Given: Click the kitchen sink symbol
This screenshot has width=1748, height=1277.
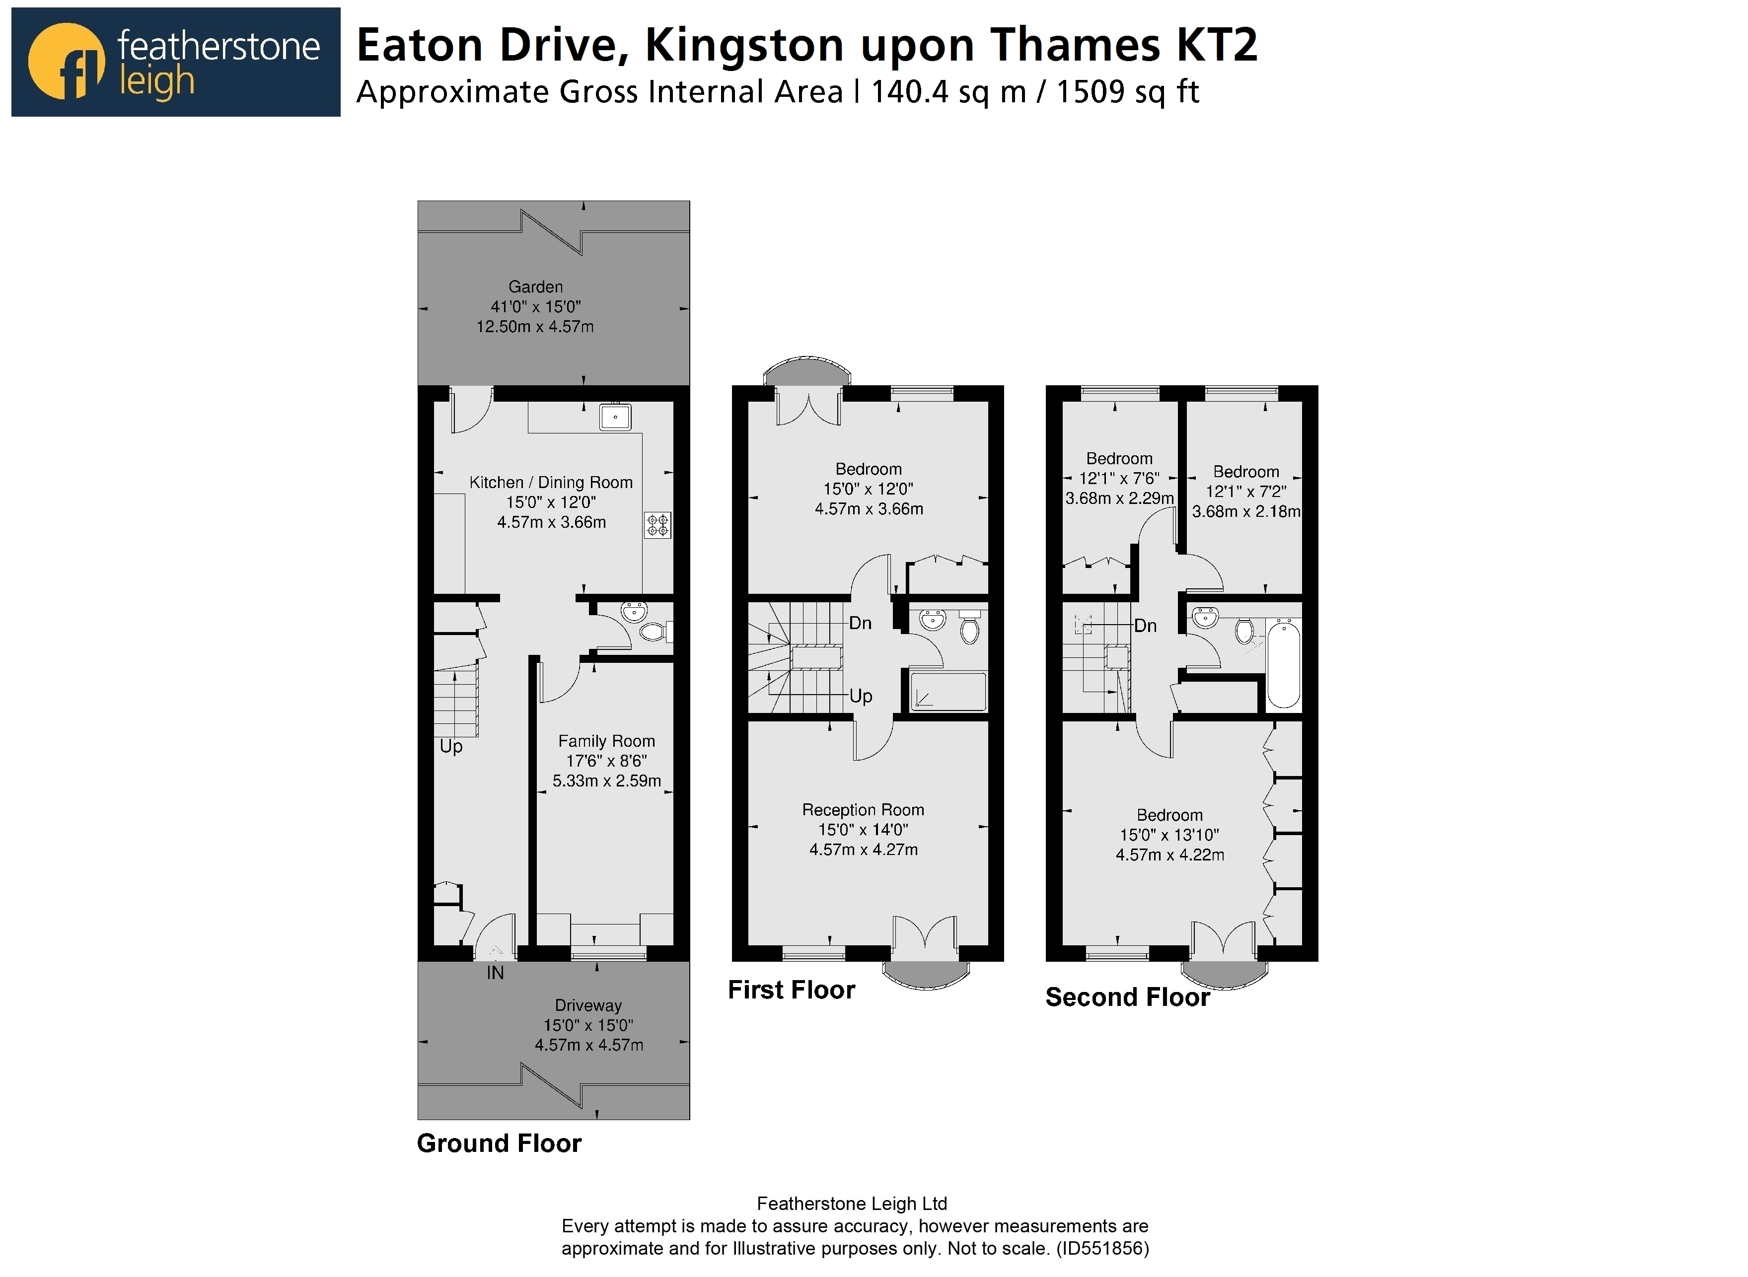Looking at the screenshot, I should [x=615, y=418].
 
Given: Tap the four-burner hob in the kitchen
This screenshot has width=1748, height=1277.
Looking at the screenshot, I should [x=658, y=526].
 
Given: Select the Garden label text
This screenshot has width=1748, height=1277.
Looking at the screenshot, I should [x=535, y=287].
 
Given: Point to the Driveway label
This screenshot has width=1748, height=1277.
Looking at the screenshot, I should [x=587, y=1006].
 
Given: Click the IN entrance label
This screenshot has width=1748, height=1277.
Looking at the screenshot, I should [x=495, y=973].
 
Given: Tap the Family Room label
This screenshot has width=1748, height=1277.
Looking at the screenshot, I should [x=606, y=741].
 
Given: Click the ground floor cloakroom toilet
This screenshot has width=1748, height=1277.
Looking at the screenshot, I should [x=654, y=633].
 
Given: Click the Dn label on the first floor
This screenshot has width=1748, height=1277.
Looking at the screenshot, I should [x=860, y=623].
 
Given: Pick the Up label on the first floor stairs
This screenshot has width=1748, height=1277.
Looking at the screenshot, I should [x=861, y=696].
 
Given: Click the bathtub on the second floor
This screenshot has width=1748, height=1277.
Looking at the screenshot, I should [x=1283, y=665].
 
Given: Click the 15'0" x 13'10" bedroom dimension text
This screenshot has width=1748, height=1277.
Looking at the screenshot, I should [x=1169, y=835].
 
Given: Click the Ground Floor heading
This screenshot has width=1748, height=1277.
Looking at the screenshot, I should [x=499, y=1143].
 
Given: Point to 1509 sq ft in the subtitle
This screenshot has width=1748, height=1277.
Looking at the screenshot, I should [x=1127, y=92].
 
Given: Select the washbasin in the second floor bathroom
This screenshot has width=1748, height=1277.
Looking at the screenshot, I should [x=1205, y=618].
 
